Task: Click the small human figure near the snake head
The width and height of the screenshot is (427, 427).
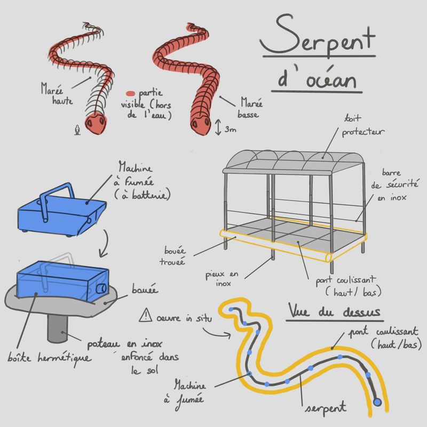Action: tap(78, 130)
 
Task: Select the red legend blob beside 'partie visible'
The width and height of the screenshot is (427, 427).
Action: tap(131, 93)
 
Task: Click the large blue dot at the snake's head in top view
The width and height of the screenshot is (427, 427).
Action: tap(378, 401)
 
